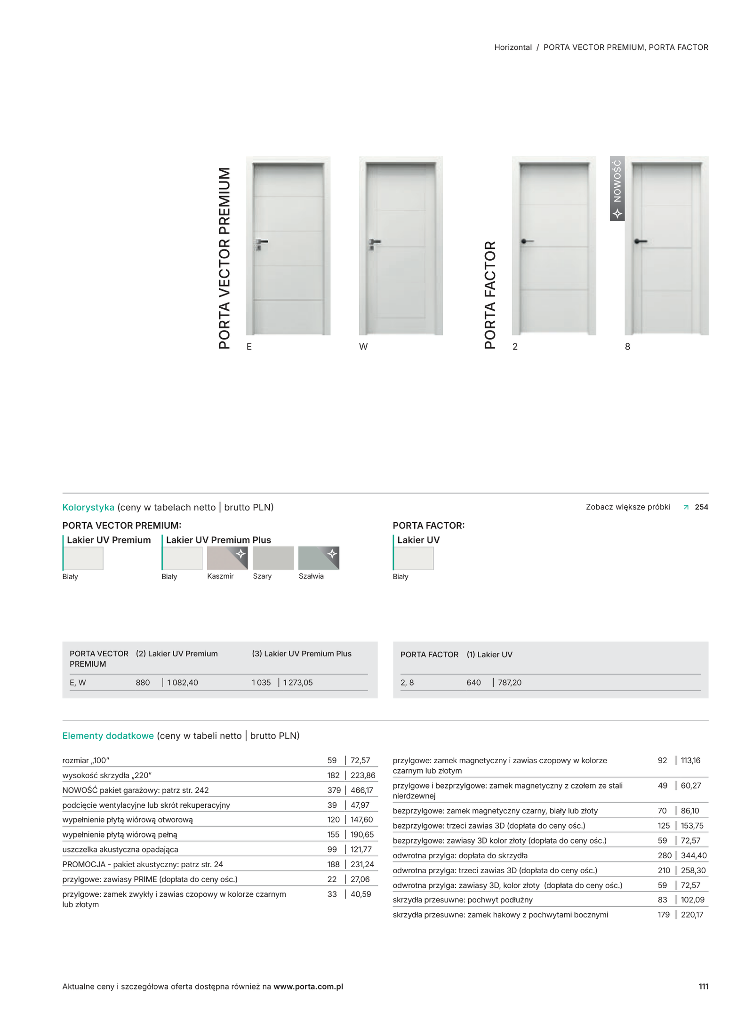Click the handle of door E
tap(261, 241)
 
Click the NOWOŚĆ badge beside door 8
tap(617, 188)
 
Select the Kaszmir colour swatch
tap(227, 558)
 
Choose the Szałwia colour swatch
tap(319, 558)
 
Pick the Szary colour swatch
tap(273, 558)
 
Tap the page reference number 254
tap(701, 507)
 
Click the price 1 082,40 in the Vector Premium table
tap(183, 682)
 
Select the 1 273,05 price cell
tap(298, 682)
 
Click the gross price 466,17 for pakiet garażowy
tap(362, 790)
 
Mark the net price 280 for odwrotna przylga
tap(665, 855)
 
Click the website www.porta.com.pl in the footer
tap(308, 986)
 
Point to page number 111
tap(703, 986)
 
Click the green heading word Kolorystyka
tap(88, 507)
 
